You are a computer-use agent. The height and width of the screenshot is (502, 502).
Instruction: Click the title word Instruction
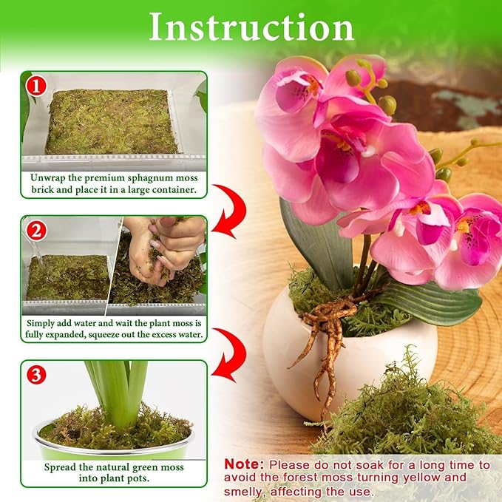(x=251, y=27)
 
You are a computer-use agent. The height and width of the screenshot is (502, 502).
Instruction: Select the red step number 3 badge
(x=35, y=375)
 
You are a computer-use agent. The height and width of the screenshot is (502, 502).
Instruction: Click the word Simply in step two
(x=44, y=322)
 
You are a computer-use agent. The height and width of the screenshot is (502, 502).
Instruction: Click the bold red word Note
(x=243, y=464)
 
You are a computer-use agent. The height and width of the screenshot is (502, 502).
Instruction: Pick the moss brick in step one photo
(x=111, y=122)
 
